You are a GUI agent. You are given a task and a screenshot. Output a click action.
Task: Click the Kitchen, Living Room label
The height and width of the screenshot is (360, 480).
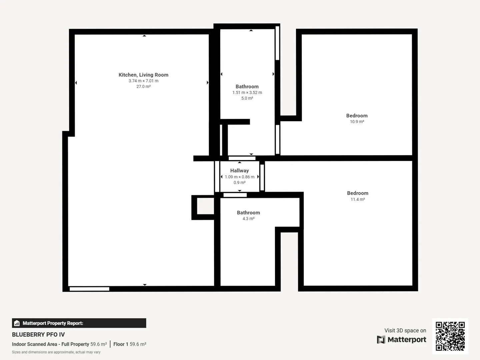143,75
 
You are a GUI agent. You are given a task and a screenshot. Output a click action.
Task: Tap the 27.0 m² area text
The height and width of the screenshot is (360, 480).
143,87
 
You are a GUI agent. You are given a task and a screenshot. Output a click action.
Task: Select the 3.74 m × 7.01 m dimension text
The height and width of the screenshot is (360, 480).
143,81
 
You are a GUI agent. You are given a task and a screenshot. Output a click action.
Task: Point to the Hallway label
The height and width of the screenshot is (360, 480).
239,171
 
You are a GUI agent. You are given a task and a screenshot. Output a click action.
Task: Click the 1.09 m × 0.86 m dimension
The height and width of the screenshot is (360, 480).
240,177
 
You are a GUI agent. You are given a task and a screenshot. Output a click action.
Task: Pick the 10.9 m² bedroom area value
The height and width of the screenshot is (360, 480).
357,122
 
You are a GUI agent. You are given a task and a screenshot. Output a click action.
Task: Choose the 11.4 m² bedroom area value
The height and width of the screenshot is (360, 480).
358,199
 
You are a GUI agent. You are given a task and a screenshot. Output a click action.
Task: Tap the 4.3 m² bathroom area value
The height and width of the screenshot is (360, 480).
248,219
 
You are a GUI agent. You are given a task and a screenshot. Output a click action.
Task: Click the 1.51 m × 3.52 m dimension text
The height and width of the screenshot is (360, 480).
247,93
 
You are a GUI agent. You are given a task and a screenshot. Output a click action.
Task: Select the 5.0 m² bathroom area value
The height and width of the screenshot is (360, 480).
247,98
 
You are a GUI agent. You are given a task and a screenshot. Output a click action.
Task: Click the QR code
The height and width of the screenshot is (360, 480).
450,336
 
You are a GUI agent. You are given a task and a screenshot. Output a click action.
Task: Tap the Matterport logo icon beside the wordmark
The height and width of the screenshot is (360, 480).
381,340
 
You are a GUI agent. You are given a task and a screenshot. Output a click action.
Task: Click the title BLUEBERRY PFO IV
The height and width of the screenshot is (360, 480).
38,335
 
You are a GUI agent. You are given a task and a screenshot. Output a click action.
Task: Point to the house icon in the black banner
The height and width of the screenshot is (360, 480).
17,323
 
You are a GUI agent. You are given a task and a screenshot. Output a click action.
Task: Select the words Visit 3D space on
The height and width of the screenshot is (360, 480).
405,330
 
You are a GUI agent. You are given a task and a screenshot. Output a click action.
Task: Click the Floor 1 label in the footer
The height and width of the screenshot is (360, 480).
121,344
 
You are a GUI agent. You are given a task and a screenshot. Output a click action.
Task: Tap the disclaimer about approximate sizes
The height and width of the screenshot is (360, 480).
56,352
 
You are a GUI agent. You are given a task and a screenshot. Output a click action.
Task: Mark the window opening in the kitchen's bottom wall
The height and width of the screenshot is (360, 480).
89,289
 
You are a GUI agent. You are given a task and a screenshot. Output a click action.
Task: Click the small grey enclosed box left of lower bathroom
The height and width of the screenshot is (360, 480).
205,206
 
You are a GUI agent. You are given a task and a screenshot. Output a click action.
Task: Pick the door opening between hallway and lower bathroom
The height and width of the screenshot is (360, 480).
235,195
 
